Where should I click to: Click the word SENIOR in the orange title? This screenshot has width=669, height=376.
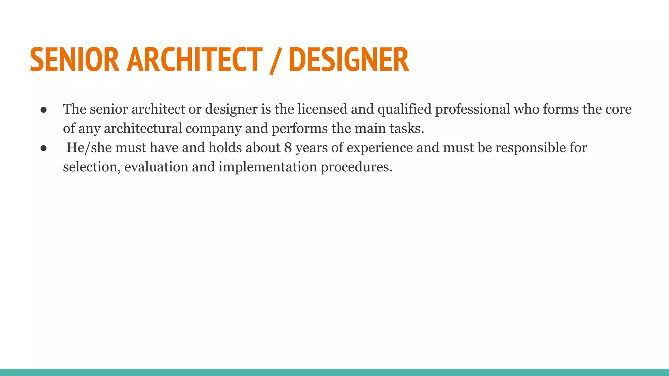point(74,59)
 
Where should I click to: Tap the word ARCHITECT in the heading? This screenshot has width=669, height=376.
point(195,59)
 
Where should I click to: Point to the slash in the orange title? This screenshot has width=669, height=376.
point(275,61)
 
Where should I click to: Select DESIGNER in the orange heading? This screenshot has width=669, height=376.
point(349,59)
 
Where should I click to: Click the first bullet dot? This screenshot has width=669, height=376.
point(44,110)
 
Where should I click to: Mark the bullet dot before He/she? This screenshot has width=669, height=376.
point(44,148)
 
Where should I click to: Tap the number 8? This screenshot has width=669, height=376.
point(288,148)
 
